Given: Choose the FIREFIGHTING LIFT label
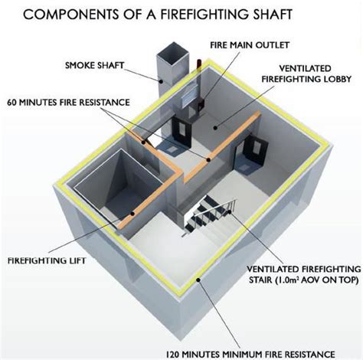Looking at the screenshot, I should pyautogui.click(x=46, y=261).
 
